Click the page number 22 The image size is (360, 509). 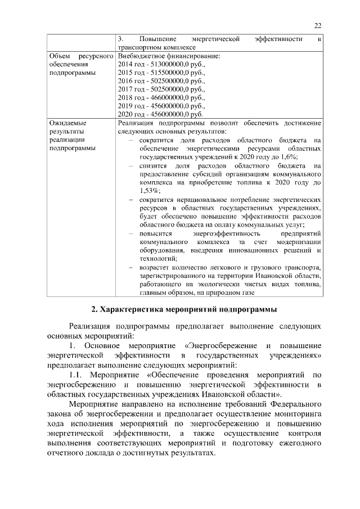click(318, 25)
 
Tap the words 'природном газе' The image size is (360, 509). click(231, 292)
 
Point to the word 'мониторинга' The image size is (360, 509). click(297, 414)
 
